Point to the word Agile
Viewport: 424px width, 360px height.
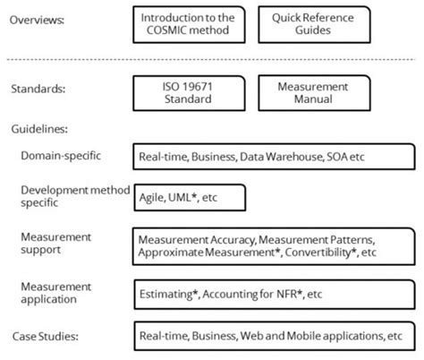(151, 196)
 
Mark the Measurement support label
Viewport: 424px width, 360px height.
(57, 243)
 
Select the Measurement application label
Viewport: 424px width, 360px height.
(57, 290)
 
